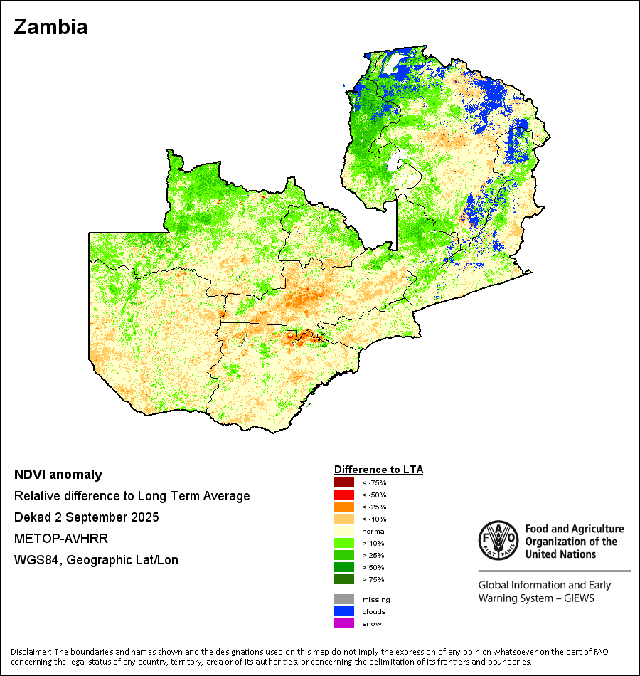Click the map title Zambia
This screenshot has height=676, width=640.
[50, 27]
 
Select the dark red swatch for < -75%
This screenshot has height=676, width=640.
[344, 482]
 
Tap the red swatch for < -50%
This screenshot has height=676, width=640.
[344, 495]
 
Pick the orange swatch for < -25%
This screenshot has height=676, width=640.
[344, 507]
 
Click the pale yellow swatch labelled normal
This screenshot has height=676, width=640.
[344, 531]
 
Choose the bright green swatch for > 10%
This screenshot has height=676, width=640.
[344, 543]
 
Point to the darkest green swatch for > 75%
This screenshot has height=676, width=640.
[344, 579]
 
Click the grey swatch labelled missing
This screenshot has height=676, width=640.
[344, 599]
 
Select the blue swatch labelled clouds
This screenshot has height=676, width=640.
[344, 611]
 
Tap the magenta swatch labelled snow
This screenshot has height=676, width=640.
[344, 623]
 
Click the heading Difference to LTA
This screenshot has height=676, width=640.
[378, 470]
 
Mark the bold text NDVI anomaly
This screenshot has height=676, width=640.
[58, 475]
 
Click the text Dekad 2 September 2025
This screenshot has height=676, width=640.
[87, 517]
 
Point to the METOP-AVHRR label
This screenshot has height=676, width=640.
[57, 539]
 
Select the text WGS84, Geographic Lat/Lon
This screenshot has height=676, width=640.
[96, 560]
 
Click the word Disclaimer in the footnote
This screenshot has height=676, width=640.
[31, 652]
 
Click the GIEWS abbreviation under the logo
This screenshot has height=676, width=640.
[578, 598]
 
